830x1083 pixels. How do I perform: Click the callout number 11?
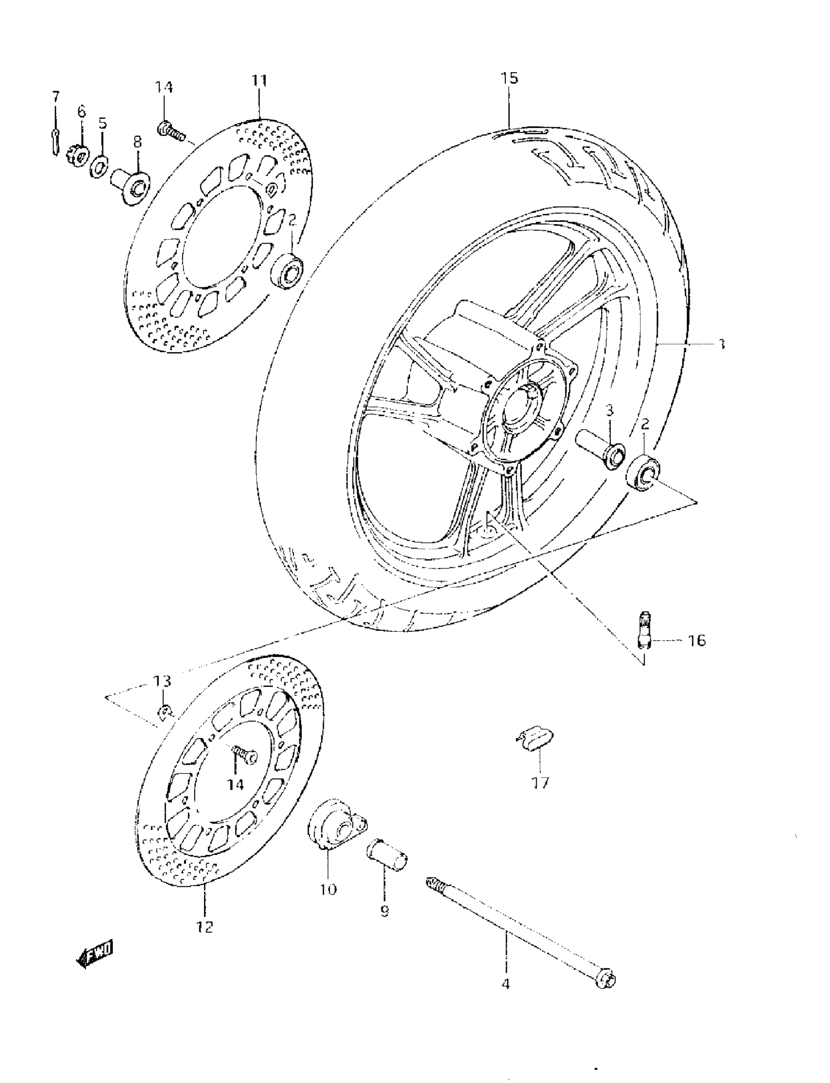click(259, 80)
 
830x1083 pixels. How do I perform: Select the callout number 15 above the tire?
click(509, 78)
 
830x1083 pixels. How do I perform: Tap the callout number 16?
click(697, 641)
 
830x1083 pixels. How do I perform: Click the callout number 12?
click(205, 926)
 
